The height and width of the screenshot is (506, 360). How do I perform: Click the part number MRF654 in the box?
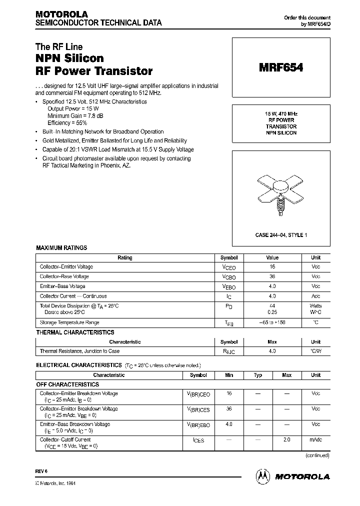point(280,68)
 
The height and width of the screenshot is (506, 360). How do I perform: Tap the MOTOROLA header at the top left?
point(61,14)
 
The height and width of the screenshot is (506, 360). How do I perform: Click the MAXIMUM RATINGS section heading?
point(61,248)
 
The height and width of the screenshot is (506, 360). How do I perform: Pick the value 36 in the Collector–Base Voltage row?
point(272,276)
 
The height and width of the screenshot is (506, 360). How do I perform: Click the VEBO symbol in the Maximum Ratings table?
point(229,287)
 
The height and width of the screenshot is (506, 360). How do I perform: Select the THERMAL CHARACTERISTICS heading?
point(75,332)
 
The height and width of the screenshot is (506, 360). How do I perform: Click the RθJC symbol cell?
point(229,351)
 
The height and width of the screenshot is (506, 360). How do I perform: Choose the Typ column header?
point(258,375)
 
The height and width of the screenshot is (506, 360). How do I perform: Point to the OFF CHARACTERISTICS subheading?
point(67,384)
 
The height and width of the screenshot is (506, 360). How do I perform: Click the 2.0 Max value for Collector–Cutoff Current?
point(287,440)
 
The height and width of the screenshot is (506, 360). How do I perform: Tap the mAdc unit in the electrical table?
point(315,440)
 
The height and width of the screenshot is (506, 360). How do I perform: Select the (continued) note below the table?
point(317,455)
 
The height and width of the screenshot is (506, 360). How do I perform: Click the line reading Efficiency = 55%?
point(67,122)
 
